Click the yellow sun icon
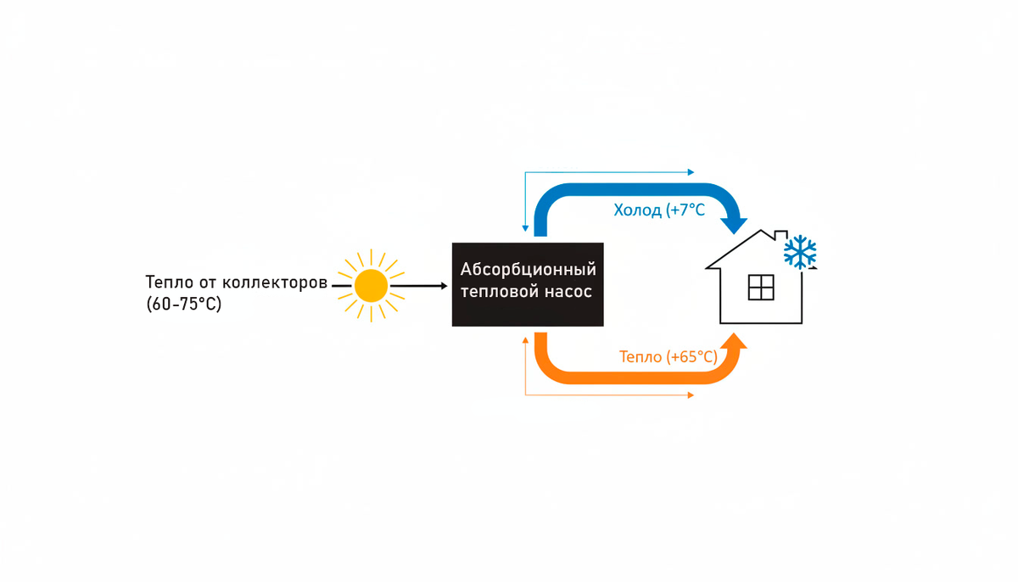click(x=371, y=285)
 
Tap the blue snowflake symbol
click(x=800, y=252)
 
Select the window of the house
click(x=761, y=288)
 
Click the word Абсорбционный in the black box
click(x=528, y=270)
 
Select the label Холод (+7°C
click(x=659, y=210)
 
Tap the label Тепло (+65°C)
click(x=668, y=357)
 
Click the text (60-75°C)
click(x=184, y=304)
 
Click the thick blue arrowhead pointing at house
click(x=732, y=225)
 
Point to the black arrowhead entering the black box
click(x=443, y=286)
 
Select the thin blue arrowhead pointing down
click(x=526, y=229)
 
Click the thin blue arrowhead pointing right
click(x=691, y=172)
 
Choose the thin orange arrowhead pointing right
click(x=691, y=395)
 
